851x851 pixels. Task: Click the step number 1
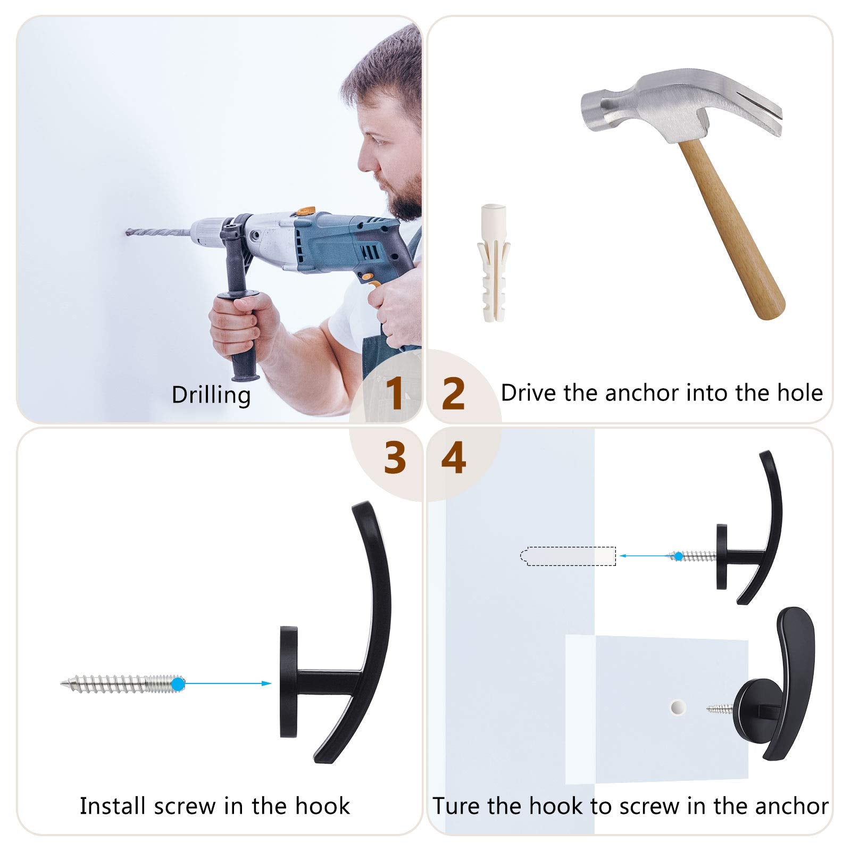[394, 393]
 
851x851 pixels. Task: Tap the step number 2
[453, 394]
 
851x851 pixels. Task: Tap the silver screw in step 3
[122, 683]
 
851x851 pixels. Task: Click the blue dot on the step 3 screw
[178, 683]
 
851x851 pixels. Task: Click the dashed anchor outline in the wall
[568, 556]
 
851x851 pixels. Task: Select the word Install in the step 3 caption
[114, 806]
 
